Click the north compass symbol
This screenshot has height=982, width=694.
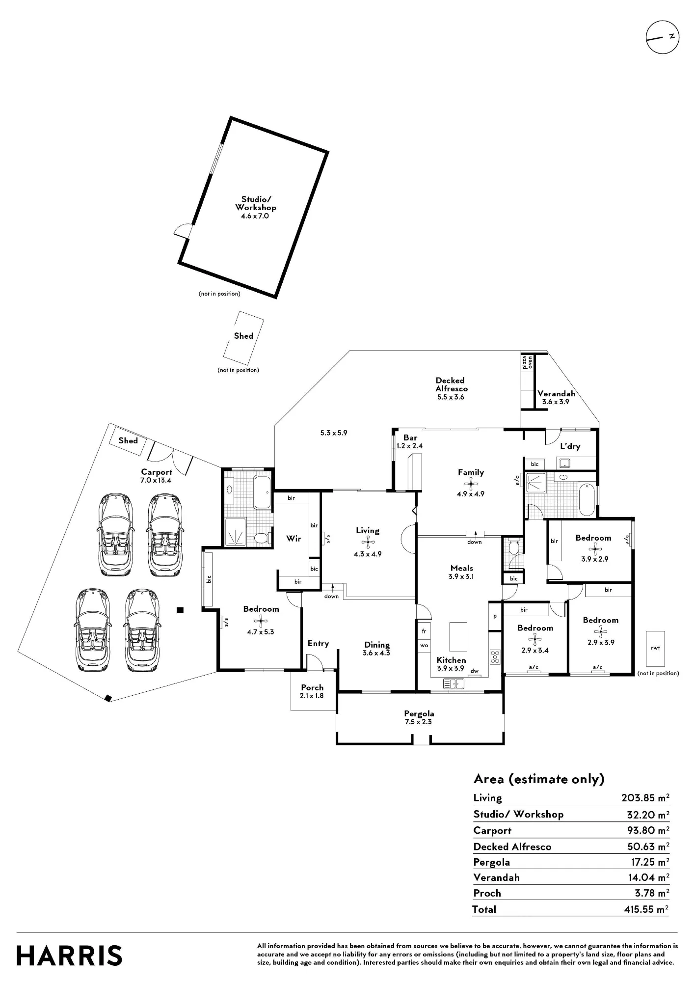(662, 37)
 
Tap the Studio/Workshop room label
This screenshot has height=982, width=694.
(255, 203)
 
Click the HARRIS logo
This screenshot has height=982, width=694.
(69, 956)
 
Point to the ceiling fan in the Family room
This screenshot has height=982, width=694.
(471, 484)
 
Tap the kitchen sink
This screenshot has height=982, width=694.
(454, 683)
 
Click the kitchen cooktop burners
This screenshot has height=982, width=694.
(495, 656)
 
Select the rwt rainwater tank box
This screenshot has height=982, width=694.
(655, 649)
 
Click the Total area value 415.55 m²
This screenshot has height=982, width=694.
(646, 909)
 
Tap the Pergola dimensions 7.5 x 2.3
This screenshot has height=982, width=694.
(418, 722)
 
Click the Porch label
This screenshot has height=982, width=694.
(312, 687)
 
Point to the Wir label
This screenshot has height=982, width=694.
(294, 539)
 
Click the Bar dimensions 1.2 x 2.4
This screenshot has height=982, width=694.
(409, 446)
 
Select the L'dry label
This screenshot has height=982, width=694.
(570, 446)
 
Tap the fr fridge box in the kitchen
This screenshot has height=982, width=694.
(424, 631)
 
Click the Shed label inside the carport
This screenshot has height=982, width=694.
(128, 440)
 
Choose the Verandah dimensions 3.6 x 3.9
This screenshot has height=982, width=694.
(556, 402)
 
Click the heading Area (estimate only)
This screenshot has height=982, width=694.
(539, 779)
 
